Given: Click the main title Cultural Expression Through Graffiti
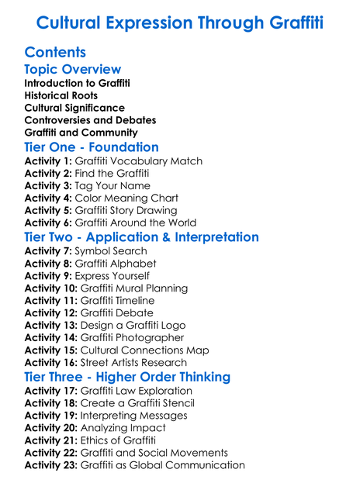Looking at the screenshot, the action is [180, 22].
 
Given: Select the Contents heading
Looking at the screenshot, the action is [55, 53].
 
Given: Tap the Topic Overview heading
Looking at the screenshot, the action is [73, 70].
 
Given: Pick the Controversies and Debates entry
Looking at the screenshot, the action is [90, 120].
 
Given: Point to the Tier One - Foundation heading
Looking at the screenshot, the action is [92, 147].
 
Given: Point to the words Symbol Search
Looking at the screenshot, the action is [111, 251].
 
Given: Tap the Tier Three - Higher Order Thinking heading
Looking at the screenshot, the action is [127, 377].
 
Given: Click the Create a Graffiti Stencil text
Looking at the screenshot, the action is [137, 403].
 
